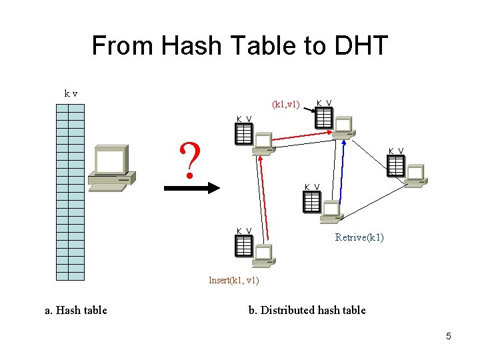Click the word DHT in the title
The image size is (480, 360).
361,46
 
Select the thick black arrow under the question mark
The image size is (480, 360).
192,188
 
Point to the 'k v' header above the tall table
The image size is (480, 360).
70,93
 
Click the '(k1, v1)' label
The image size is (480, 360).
287,104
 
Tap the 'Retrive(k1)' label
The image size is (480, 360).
359,237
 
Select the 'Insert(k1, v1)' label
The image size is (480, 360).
233,280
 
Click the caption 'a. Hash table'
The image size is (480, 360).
75,310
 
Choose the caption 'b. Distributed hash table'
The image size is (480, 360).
307,310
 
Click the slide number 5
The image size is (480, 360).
449,336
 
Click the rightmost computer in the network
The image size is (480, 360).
415,174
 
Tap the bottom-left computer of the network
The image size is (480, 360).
263,255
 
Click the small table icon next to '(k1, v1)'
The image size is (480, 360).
324,118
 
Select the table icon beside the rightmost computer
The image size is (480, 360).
395,165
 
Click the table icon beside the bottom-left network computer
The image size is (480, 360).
244,247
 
